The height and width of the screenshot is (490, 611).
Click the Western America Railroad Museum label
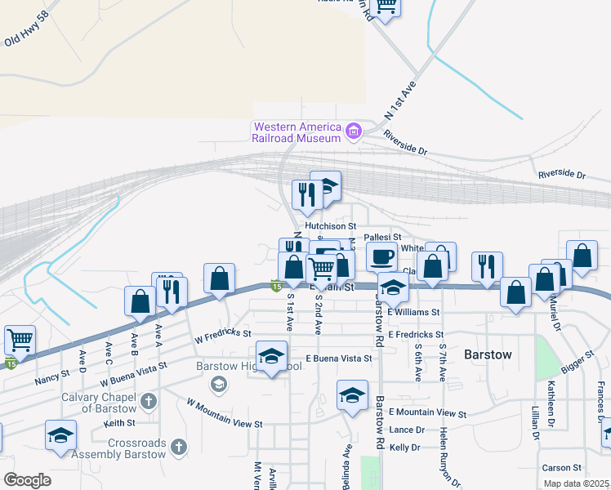[x=297, y=132]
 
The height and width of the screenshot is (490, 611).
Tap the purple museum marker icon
[x=354, y=131]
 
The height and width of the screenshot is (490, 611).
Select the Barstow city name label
[x=488, y=355]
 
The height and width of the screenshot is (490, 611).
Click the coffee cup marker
[x=381, y=257]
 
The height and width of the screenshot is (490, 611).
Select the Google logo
[x=27, y=480]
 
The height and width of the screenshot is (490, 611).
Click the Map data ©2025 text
[x=577, y=483]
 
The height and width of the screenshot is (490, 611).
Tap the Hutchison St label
[x=331, y=225]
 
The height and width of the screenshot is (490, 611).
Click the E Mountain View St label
[x=427, y=414]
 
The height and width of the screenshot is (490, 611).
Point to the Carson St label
[x=561, y=468]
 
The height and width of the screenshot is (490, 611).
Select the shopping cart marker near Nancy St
[x=20, y=340]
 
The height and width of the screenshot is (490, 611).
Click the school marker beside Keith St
[x=60, y=434]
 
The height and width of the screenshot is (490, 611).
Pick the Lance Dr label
[x=407, y=430]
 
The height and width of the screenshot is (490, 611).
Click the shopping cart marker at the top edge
[x=385, y=6]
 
